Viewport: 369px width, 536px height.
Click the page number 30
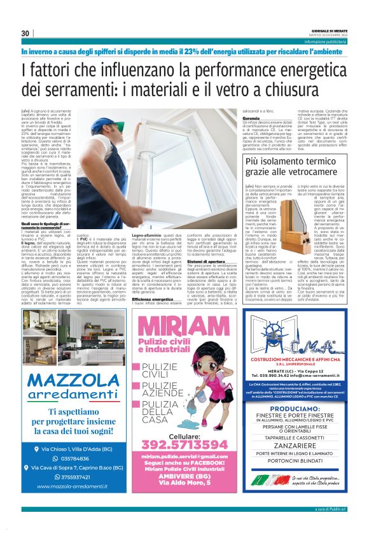(x=25, y=33)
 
